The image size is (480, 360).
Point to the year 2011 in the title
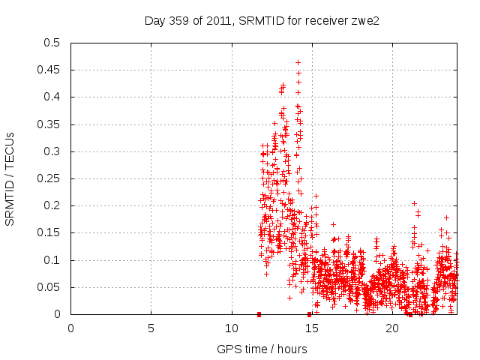(x=214, y=21)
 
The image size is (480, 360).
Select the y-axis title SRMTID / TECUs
(x=10, y=178)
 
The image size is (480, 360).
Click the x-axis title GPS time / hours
(x=262, y=349)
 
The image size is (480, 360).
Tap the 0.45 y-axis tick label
(x=51, y=70)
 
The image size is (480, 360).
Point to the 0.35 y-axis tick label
(x=51, y=124)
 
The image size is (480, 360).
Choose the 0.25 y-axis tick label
(x=51, y=178)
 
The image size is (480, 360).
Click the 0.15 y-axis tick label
(x=51, y=233)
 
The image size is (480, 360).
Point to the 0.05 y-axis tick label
(x=51, y=287)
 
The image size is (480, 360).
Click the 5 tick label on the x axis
(x=151, y=328)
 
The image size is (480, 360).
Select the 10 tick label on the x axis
(x=232, y=328)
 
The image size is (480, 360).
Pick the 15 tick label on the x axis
(x=312, y=328)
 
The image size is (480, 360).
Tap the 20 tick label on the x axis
(x=392, y=328)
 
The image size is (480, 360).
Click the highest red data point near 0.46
(x=298, y=63)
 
